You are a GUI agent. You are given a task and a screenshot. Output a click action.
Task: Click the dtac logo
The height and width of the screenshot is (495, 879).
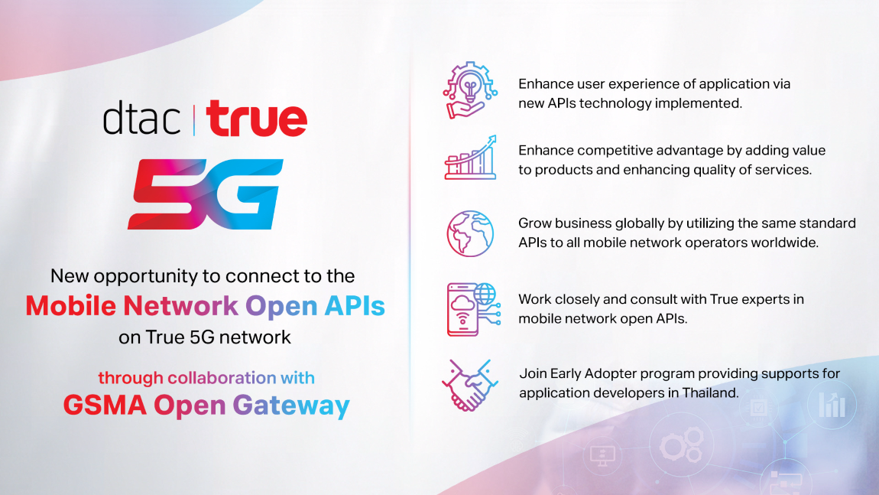[x=142, y=118]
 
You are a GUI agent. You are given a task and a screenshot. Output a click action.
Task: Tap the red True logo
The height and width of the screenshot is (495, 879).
[x=257, y=118]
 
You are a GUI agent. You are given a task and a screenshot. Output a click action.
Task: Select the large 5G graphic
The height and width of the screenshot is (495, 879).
[x=205, y=194]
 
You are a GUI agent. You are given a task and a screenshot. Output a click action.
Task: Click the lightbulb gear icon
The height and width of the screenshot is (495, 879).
[x=470, y=90]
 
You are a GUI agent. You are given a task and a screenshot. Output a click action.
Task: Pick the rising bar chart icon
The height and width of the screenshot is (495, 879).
[x=470, y=158]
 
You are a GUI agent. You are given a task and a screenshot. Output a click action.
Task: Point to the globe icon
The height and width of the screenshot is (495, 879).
[x=470, y=233]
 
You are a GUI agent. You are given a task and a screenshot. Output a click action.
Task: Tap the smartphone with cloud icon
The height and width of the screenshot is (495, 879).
[x=473, y=309]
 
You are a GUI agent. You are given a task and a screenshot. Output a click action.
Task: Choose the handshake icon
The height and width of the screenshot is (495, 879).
[x=470, y=385]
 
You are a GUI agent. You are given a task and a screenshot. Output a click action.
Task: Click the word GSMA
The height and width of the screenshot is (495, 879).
[x=105, y=405]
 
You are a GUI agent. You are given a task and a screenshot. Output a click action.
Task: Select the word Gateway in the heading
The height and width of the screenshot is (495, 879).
[x=291, y=406]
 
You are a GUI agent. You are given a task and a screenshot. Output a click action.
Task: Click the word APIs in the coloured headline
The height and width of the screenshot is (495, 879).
[x=355, y=306]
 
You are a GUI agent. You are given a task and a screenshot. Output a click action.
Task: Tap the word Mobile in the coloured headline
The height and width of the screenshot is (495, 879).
[x=70, y=306]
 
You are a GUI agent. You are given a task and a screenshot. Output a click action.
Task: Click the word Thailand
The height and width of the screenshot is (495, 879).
[x=710, y=392]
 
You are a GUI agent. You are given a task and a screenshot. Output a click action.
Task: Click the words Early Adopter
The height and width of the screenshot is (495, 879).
[x=593, y=374]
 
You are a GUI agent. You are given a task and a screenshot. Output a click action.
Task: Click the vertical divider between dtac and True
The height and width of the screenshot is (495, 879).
[x=194, y=119]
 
